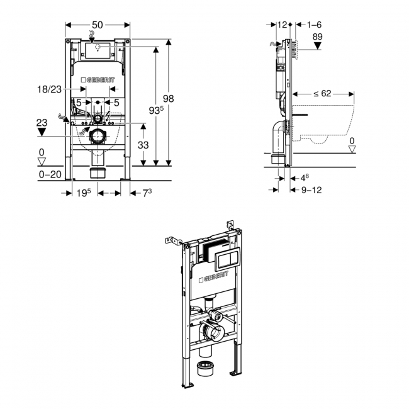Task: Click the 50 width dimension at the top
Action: pos(98,25)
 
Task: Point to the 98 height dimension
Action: pos(168,99)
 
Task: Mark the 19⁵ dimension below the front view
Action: pos(84,193)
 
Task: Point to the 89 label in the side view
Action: pos(318,37)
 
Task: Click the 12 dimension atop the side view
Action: pos(282,25)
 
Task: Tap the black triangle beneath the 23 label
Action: pos(42,133)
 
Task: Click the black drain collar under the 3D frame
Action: pos(205,369)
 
